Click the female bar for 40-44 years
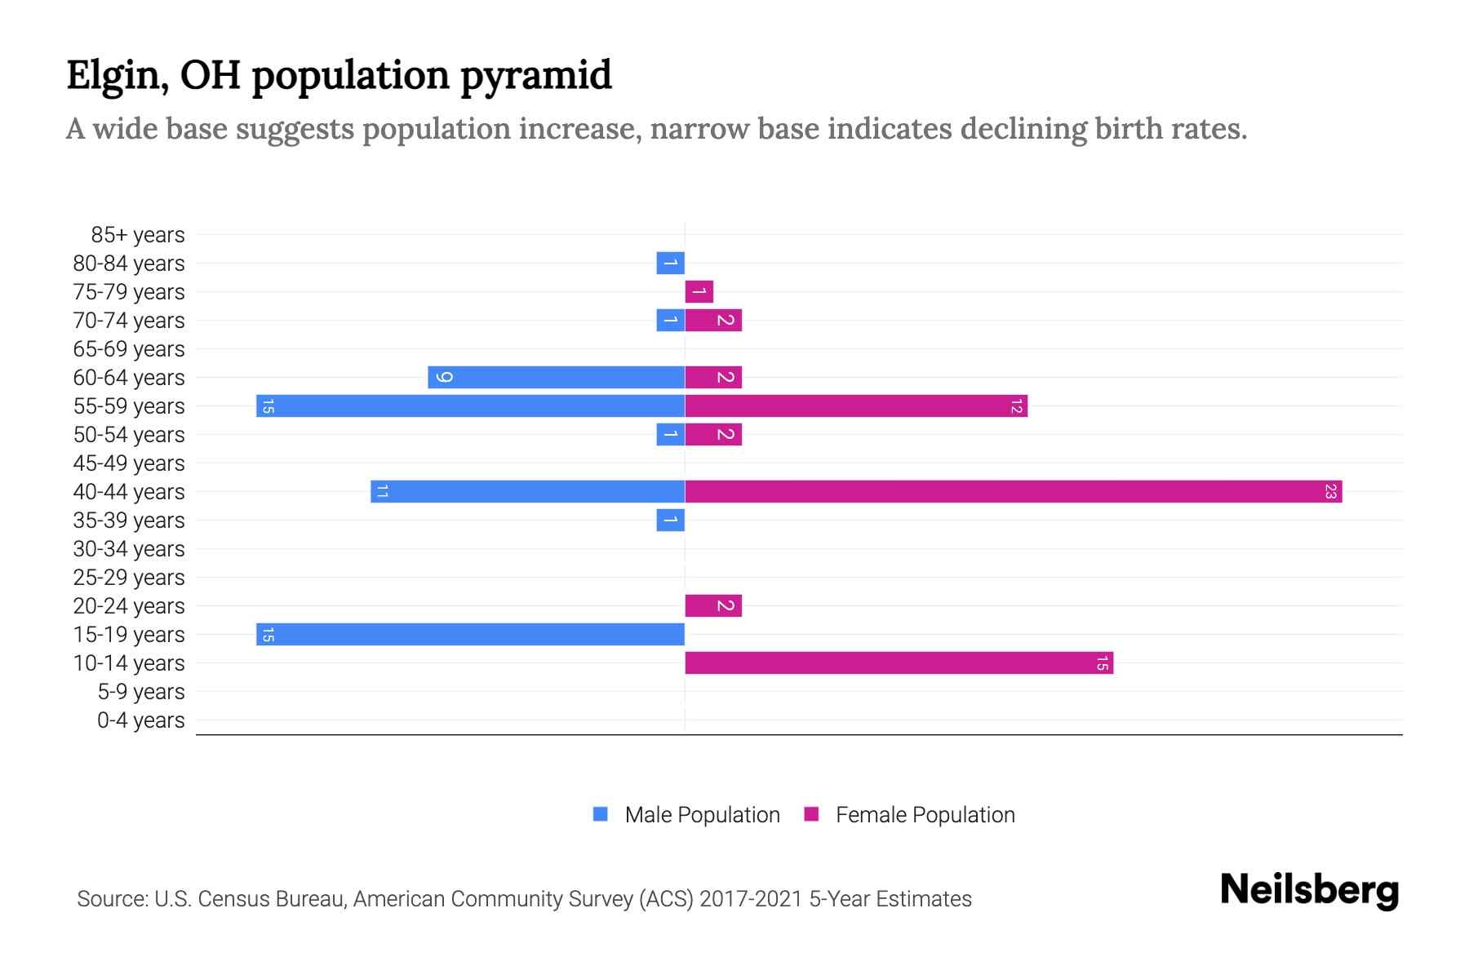point(1012,492)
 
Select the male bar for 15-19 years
point(470,635)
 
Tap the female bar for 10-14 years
point(898,663)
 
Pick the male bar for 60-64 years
point(556,378)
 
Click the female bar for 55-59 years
point(855,406)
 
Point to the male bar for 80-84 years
point(671,264)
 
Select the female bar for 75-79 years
point(699,292)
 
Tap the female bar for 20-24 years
point(713,606)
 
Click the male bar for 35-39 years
point(671,521)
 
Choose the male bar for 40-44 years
point(527,492)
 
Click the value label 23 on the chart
point(1330,492)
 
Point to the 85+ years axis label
point(137,235)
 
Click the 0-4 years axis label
point(140,720)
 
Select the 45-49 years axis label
point(129,463)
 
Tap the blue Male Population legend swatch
point(601,814)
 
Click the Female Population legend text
point(925,815)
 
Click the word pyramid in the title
point(535,76)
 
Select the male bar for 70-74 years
point(671,321)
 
